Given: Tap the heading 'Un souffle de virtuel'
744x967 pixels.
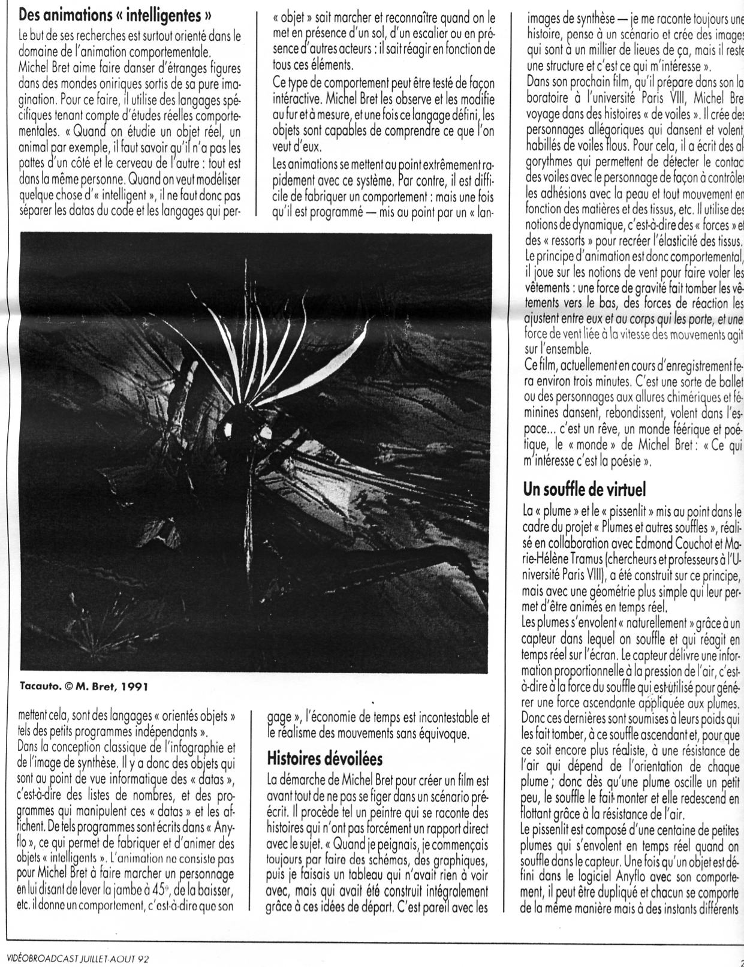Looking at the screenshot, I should click(585, 490).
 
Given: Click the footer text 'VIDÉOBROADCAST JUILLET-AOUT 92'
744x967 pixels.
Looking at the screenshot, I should click(75, 957).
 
